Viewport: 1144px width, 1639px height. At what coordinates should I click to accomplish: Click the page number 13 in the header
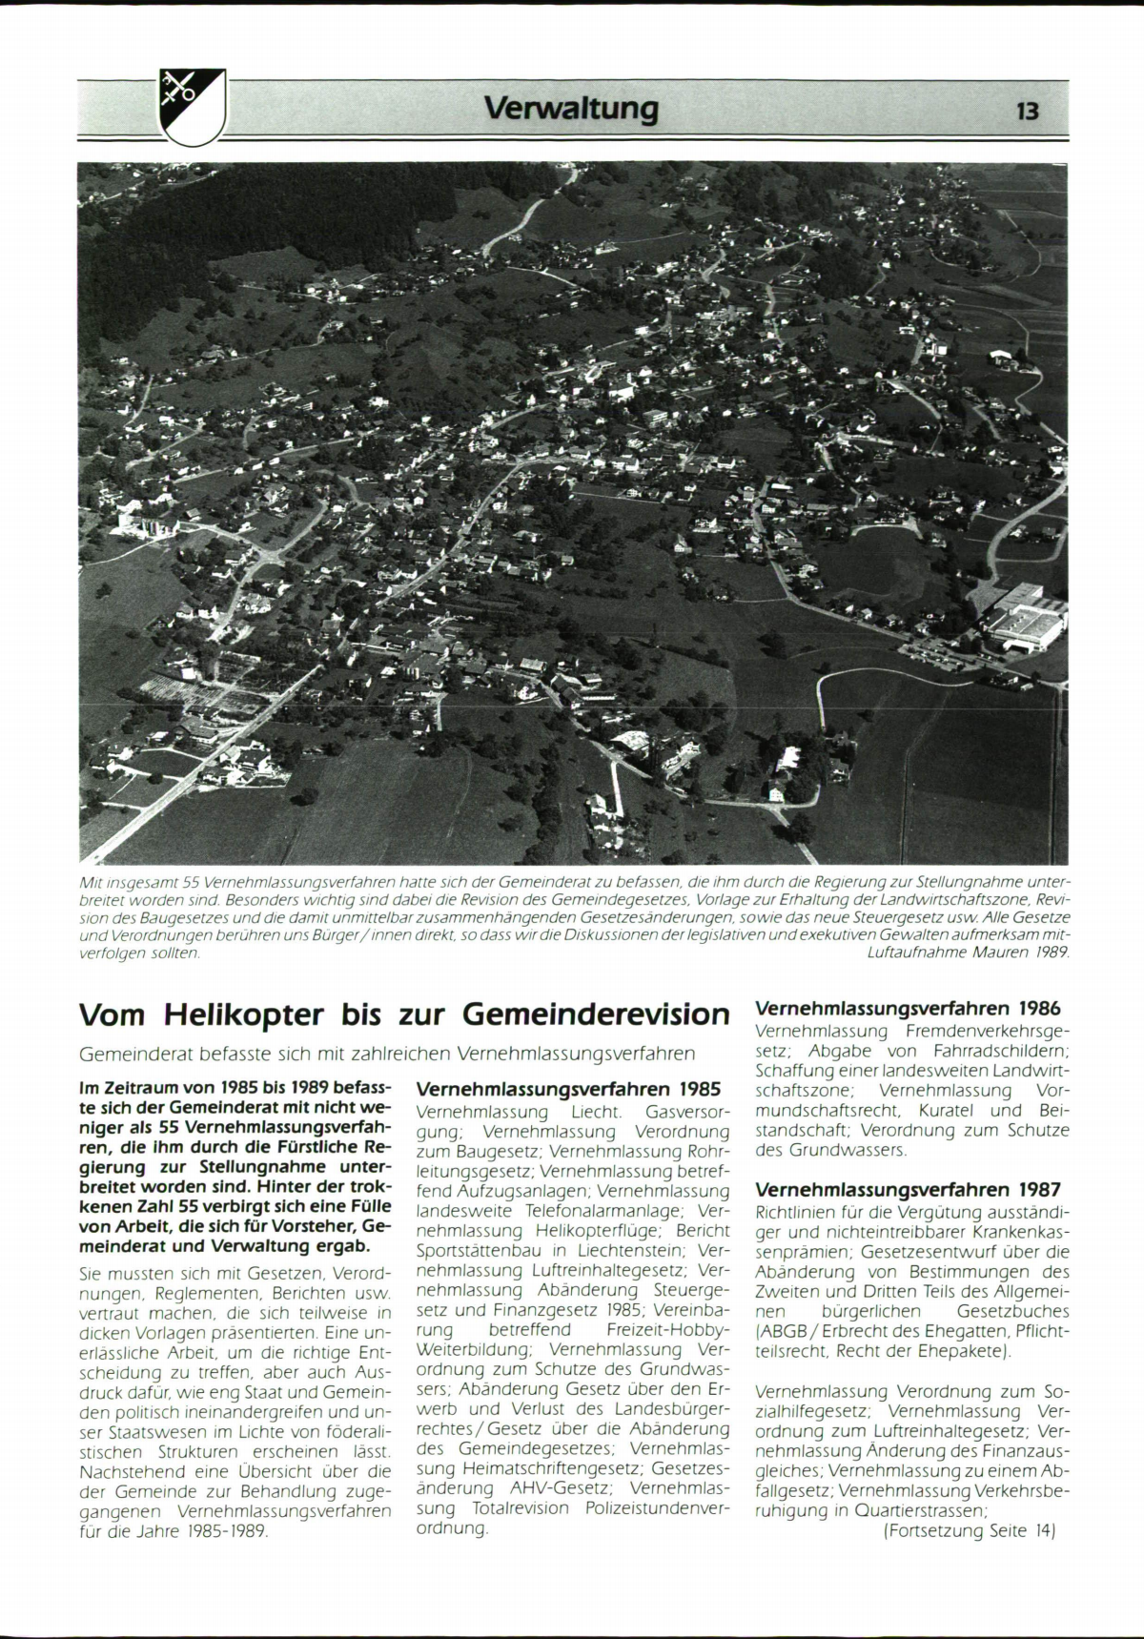pos(1027,111)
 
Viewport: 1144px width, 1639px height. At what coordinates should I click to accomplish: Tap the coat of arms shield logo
pos(192,106)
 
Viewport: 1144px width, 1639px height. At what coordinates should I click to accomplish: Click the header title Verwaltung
pos(571,109)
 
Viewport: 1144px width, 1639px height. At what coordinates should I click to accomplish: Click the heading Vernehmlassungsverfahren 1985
pos(568,1088)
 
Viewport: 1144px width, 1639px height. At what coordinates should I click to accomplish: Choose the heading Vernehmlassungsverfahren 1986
pos(908,1008)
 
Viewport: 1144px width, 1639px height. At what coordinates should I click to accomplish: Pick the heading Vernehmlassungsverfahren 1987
pos(908,1189)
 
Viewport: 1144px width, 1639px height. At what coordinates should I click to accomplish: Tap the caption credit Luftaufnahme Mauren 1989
pos(970,952)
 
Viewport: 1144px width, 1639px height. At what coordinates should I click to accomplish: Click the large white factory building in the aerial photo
pos(1024,620)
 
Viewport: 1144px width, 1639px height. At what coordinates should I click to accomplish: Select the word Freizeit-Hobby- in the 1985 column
pos(666,1329)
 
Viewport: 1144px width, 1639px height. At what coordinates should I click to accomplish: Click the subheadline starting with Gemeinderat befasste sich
pos(387,1054)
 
